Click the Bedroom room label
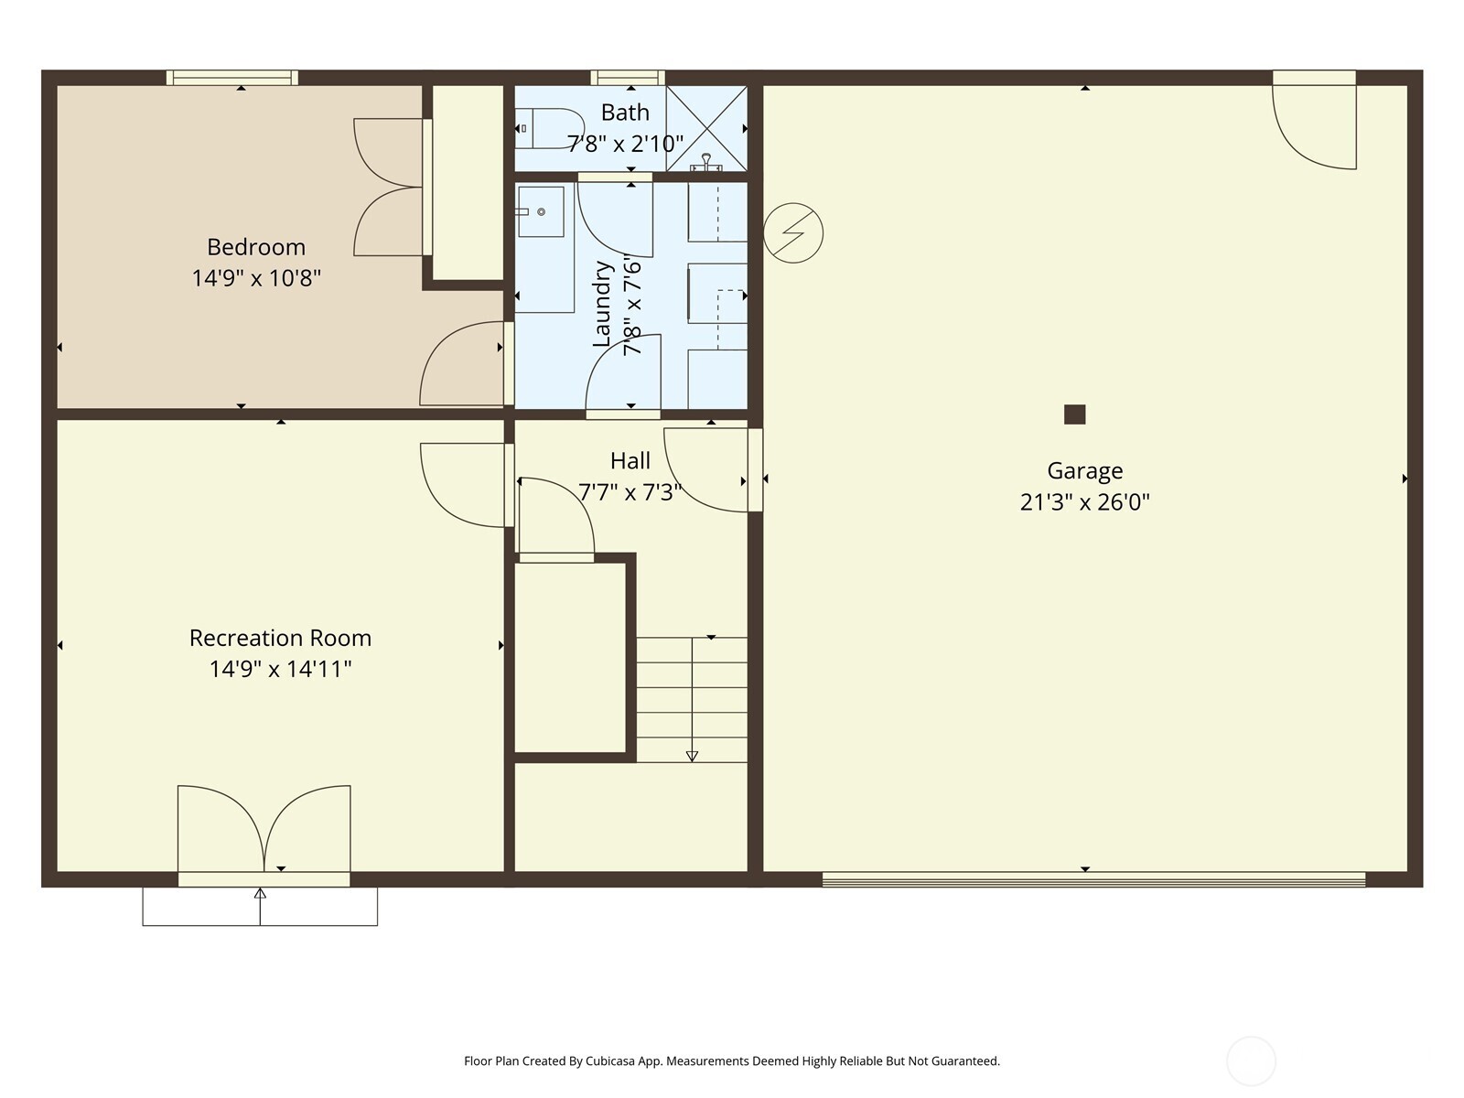(255, 247)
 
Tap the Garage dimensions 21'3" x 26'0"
(1084, 502)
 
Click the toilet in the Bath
(550, 129)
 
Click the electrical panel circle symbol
(793, 233)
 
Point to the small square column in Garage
(1074, 414)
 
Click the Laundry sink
(541, 212)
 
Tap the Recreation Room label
(280, 638)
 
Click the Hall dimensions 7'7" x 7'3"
(630, 492)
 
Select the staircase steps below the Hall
(692, 700)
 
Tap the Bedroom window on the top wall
(232, 78)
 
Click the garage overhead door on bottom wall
(1093, 879)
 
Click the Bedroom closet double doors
(389, 188)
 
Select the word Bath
(625, 113)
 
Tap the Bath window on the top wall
(627, 78)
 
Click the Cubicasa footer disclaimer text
(731, 1061)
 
